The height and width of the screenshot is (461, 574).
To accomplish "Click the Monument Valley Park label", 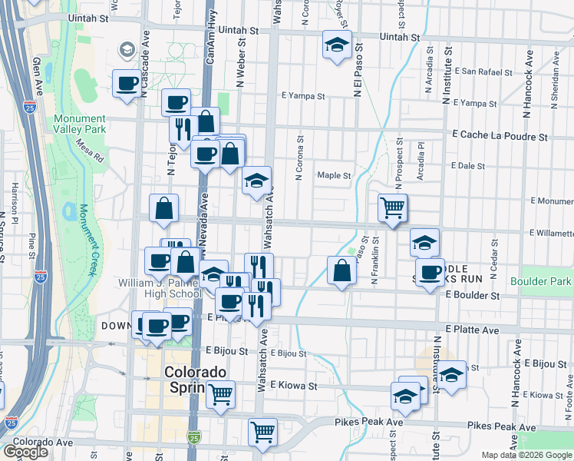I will coord(79,125).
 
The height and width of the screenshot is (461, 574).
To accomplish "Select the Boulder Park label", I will coord(546,281).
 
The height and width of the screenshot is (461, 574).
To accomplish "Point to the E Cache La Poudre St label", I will coord(500,136).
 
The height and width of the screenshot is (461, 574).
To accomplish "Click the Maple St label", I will coord(335,175).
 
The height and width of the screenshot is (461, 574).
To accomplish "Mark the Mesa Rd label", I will coord(91,153).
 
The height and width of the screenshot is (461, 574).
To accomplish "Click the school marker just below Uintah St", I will coord(337,45).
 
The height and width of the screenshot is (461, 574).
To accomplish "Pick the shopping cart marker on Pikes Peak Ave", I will coord(262,432).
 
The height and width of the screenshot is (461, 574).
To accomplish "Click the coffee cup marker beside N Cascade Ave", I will coord(127,83).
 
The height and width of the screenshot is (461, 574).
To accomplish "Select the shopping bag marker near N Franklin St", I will coord(341,270).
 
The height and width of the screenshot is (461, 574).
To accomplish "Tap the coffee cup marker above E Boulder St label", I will coord(431,271).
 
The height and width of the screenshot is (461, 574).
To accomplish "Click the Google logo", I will coord(25,452).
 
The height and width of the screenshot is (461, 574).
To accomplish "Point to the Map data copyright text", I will coord(526,455).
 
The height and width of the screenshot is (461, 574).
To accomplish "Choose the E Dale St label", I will coord(469,165).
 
